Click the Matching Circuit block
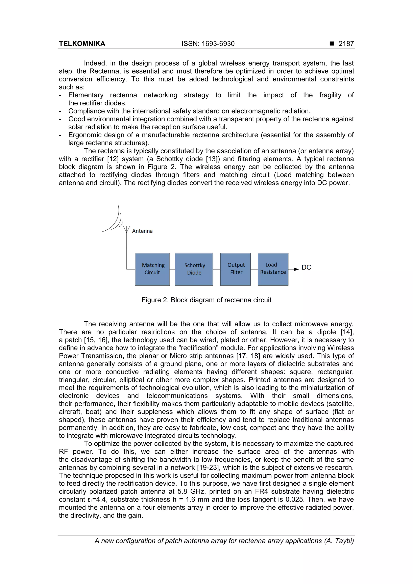click(x=152, y=269)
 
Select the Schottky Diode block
click(x=194, y=269)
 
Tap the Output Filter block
click(x=235, y=269)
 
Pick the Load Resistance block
click(x=273, y=269)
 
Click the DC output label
click(x=306, y=267)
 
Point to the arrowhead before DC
click(x=296, y=269)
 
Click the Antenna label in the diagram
click(x=142, y=231)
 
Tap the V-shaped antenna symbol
click(x=126, y=229)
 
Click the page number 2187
click(x=346, y=44)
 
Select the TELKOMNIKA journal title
click(x=82, y=44)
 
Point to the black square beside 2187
click(x=332, y=44)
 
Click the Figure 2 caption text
click(x=206, y=300)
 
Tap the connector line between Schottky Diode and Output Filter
click(x=217, y=269)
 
